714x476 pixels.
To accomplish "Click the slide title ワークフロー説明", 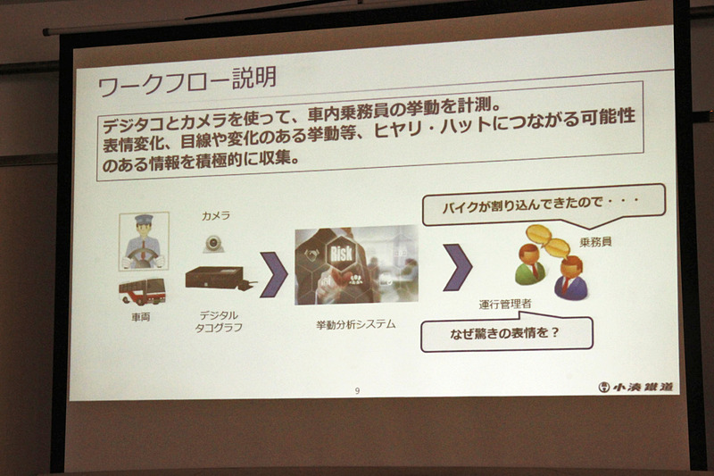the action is pos(187,81).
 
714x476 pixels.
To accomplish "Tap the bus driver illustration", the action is pos(144,241).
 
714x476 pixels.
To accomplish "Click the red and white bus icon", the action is pos(142,291).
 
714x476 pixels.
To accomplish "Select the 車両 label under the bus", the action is pos(141,317).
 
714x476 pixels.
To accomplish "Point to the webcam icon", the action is pos(213,244).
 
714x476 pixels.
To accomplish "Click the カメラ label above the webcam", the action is pos(216,216).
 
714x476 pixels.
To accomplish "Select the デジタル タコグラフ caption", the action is pos(219,322).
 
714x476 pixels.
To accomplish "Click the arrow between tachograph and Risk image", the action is pos(274,275).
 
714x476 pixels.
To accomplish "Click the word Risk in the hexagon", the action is pos(342,254).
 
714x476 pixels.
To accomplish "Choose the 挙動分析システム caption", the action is pos(356,325).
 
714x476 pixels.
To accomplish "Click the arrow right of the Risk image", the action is pos(458,267).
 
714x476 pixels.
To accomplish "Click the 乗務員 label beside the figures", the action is pos(595,242).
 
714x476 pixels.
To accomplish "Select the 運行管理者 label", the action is pos(505,304).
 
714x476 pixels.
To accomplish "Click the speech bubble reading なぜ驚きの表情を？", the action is pos(506,333).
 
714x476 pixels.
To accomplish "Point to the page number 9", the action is pos(357,391).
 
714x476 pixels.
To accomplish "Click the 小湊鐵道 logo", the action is pos(635,387).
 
